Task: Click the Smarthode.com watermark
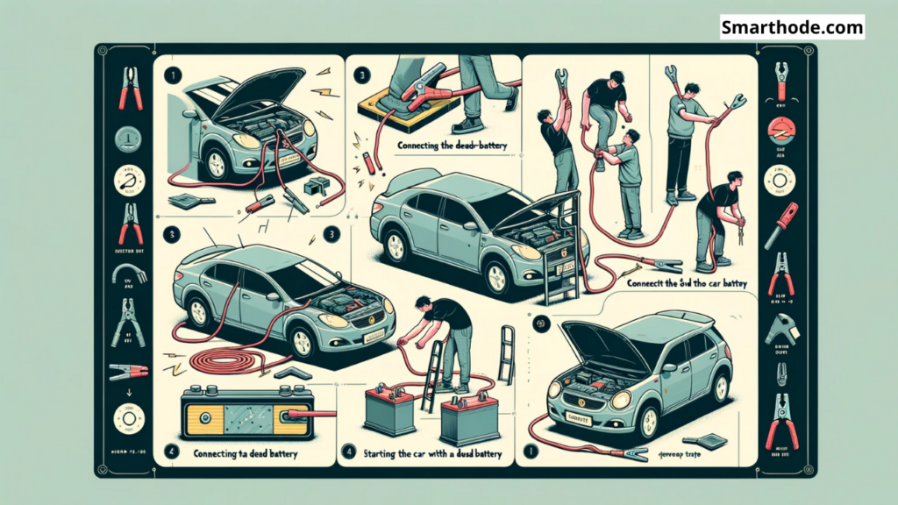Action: (791, 27)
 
